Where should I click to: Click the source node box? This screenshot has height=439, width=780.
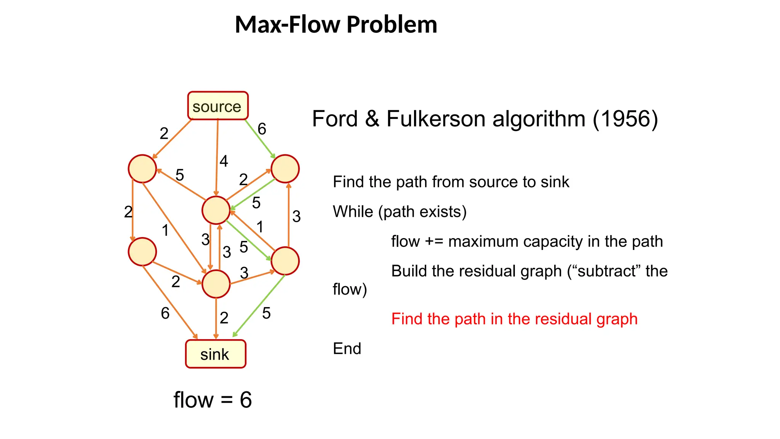pos(217,106)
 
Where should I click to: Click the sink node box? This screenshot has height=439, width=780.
pos(216,354)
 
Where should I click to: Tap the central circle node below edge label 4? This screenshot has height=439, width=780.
pos(216,210)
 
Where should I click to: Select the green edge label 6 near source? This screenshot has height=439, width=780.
pos(262,129)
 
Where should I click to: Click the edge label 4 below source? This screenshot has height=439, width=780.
pos(224,161)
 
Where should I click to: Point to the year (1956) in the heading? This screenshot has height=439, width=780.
pos(625,119)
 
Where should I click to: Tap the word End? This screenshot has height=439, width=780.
pos(347,349)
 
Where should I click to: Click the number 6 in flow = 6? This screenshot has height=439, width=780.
pos(246,400)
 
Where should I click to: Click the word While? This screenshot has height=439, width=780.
pos(353,212)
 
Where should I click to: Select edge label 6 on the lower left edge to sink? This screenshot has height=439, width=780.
pos(165,314)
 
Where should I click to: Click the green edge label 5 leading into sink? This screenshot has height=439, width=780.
pos(266,314)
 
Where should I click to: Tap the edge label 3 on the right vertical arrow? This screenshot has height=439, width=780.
pos(296,217)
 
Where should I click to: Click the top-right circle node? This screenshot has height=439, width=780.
pos(285,169)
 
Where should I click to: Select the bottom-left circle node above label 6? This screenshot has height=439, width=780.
pos(142,252)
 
